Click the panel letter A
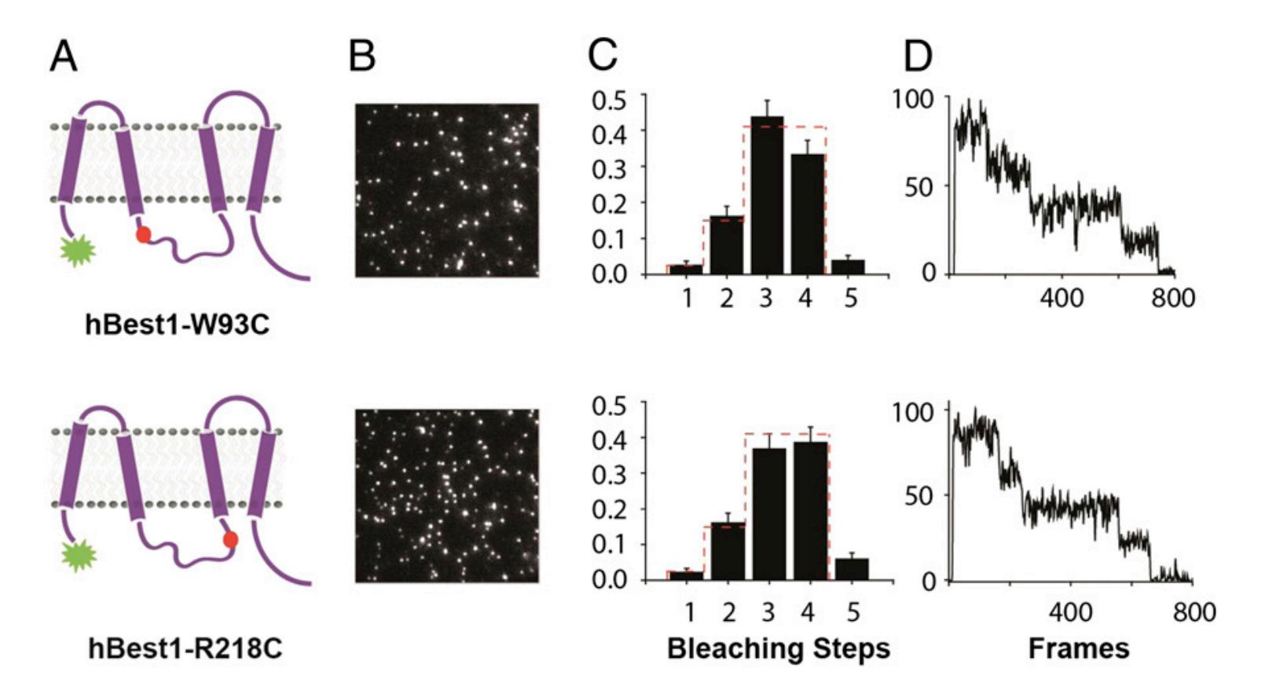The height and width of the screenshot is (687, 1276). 64,57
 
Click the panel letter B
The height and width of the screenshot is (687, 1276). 362,57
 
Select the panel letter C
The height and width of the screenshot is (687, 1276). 603,57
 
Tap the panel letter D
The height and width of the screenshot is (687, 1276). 917,57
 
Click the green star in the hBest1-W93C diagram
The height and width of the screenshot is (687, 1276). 78,250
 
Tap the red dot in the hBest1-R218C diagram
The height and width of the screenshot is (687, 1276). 230,539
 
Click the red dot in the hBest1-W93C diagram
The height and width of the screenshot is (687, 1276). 143,234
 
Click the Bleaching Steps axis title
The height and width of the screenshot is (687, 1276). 778,649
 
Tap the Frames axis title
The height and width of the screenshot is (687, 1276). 1078,649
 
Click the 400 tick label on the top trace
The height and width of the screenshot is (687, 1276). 1061,299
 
